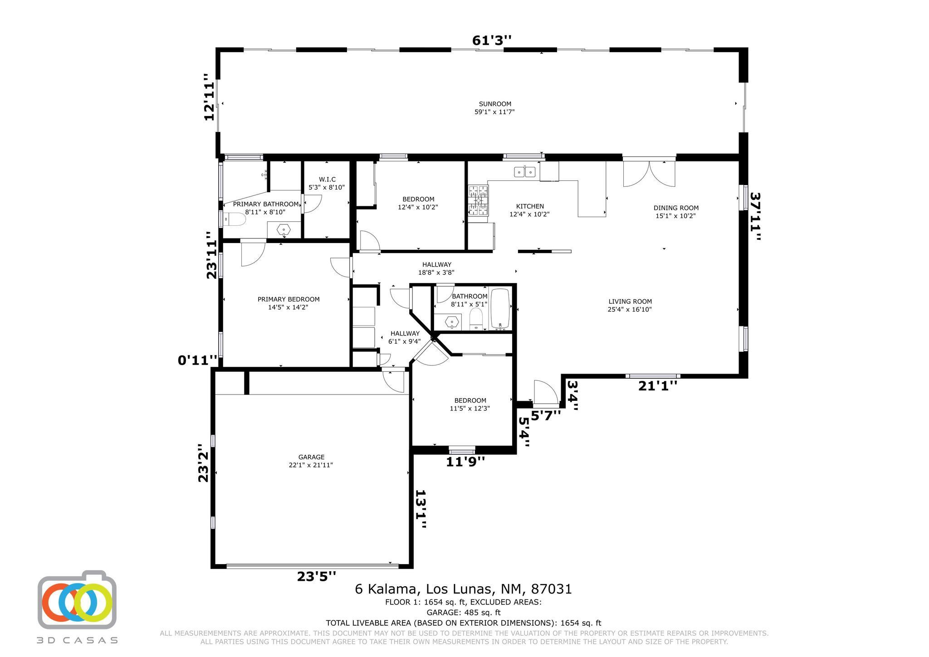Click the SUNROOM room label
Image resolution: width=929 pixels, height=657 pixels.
tap(495, 104)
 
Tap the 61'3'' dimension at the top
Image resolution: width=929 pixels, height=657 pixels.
tap(492, 41)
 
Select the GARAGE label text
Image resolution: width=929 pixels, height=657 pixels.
tap(311, 457)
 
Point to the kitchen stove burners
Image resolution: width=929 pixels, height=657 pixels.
tap(478, 200)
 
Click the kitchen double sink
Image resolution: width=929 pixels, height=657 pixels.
tap(525, 172)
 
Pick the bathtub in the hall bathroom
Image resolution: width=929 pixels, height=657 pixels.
tap(500, 308)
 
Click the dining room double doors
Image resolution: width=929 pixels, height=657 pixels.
tap(649, 172)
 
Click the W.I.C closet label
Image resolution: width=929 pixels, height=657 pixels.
tap(327, 180)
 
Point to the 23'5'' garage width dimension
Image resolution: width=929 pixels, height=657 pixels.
tap(317, 576)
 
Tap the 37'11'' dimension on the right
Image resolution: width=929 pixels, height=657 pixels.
tap(755, 216)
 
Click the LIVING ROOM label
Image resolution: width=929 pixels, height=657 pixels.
tap(630, 302)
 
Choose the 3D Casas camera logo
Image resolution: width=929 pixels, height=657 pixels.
tap(77, 599)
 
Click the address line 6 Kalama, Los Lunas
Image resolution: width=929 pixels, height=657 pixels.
tap(463, 589)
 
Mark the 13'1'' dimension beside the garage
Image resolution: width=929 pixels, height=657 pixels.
tap(421, 509)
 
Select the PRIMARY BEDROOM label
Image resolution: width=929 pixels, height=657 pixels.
tap(288, 299)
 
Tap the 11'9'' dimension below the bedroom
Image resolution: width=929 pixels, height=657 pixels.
tap(465, 462)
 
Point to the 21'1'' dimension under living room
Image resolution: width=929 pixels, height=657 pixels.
tap(658, 386)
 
